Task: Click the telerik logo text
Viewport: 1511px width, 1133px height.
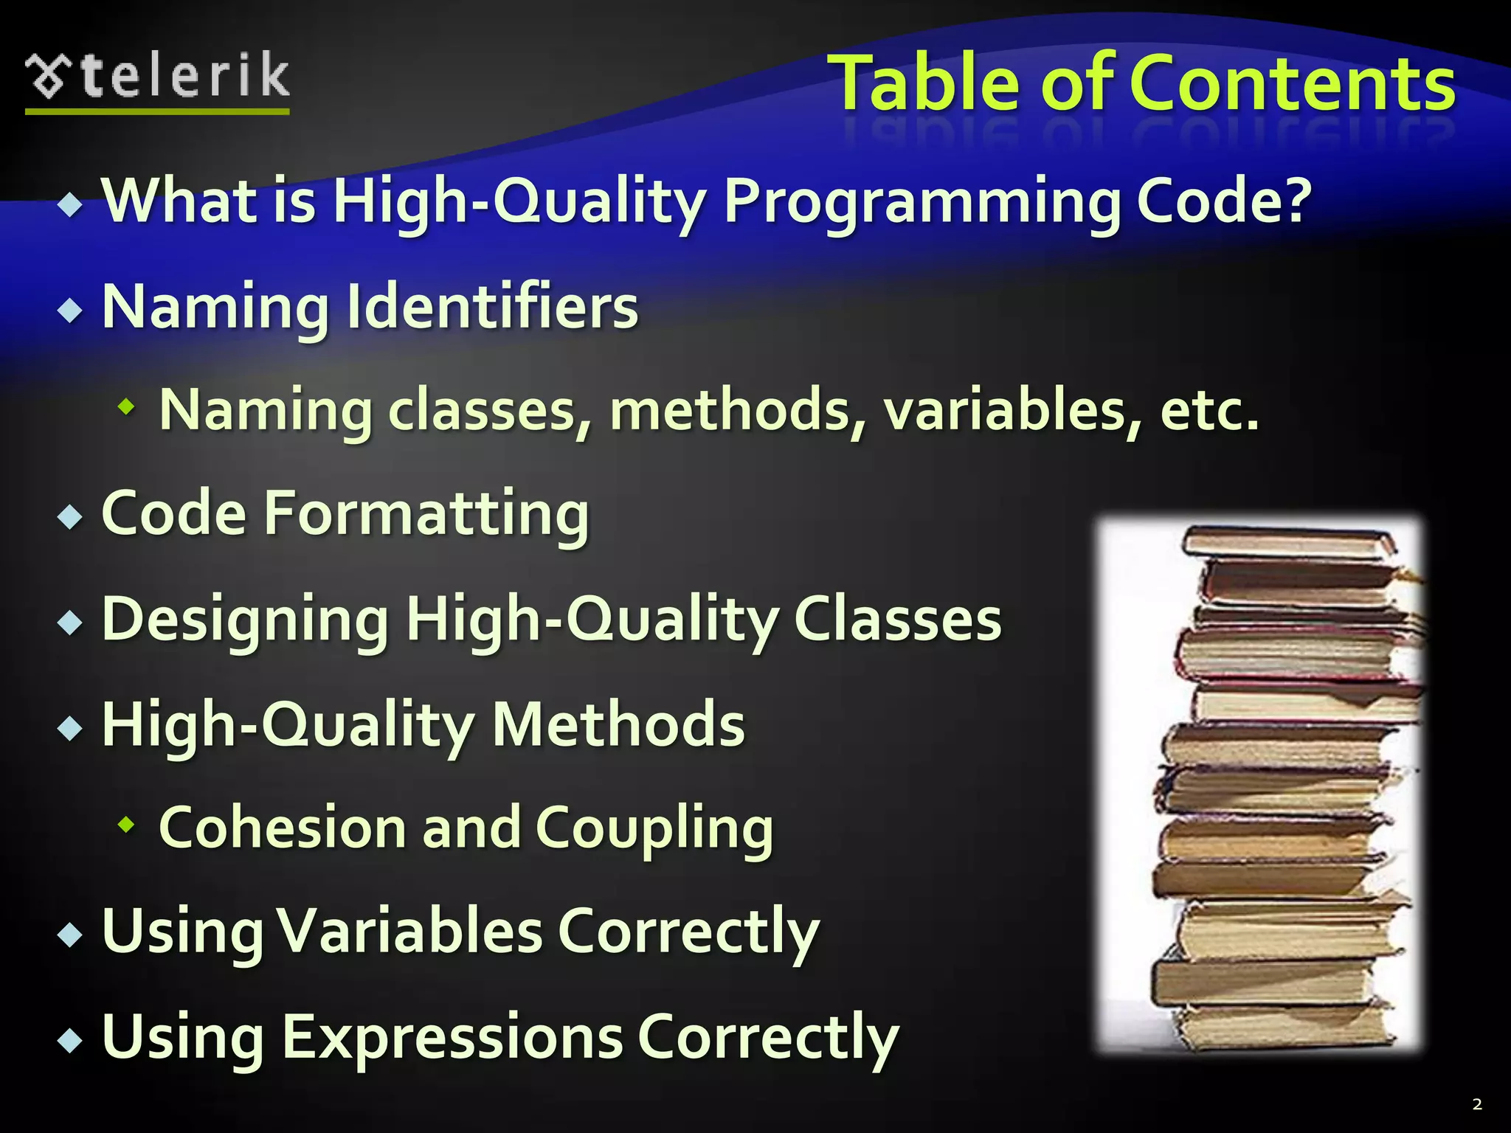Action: click(184, 76)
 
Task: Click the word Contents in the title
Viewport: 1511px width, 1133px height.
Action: click(1292, 83)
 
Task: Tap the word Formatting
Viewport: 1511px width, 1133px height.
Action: click(426, 513)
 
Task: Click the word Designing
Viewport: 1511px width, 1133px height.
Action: click(245, 620)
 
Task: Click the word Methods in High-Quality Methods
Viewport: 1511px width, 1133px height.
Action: click(618, 724)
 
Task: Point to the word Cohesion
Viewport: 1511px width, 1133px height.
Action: click(282, 828)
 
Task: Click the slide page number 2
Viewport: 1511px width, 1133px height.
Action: click(1476, 1104)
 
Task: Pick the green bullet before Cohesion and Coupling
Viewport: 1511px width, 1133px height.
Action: click(127, 825)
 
